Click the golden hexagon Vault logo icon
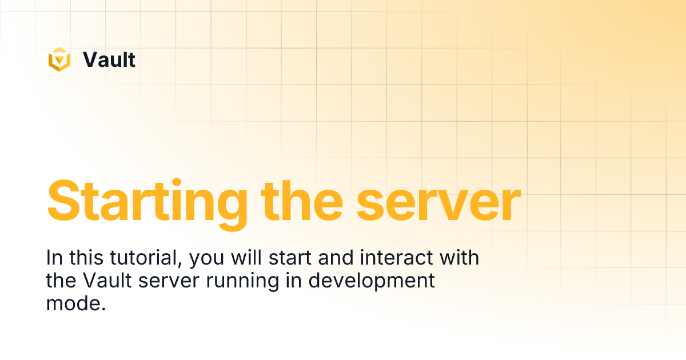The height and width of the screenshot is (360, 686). [x=59, y=59]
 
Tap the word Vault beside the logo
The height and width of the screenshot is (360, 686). [x=109, y=59]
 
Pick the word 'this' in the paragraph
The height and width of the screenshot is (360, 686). [x=87, y=258]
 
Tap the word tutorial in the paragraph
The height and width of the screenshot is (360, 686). [x=146, y=258]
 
